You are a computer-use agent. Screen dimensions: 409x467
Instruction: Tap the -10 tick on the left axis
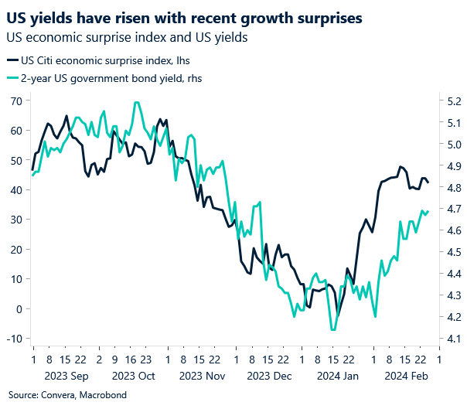14,339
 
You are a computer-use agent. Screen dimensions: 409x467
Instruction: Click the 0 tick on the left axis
19,308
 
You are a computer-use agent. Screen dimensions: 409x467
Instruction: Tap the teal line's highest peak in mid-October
137,102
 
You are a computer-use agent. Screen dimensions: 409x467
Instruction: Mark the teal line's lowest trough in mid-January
332,329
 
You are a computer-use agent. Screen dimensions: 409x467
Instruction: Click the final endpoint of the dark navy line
428,182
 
